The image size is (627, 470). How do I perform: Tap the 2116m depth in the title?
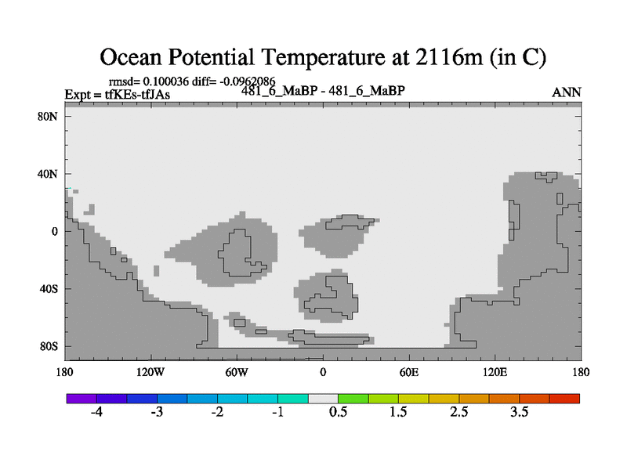point(448,57)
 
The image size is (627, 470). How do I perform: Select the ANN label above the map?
point(566,92)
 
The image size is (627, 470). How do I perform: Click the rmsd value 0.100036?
point(165,81)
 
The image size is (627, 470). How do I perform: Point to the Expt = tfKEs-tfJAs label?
point(117,95)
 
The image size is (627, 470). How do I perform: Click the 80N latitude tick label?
point(48,117)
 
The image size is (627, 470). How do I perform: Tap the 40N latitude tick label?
point(48,174)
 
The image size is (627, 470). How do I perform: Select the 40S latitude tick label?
point(49,289)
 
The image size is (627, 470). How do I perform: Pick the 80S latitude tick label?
point(49,346)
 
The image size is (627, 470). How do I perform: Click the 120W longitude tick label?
point(150,373)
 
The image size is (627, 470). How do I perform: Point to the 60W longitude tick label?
point(237,373)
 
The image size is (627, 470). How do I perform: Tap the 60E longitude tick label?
point(409,373)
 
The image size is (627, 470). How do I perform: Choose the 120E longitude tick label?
point(495,373)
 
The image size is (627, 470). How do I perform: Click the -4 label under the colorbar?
point(96,412)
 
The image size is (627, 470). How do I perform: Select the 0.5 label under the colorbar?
point(339,412)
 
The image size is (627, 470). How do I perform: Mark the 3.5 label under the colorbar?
point(520,412)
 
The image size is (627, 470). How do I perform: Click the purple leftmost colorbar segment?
point(82,399)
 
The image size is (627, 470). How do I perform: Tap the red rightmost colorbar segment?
point(564,399)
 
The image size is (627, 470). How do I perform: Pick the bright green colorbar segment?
point(353,399)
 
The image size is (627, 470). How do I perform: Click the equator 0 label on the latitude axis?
point(54,232)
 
